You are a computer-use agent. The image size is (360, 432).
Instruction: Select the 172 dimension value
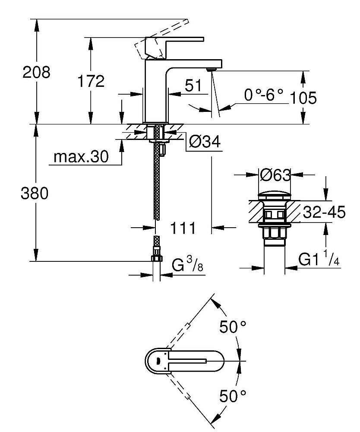(91, 81)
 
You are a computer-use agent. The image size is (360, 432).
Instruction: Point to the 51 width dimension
(193, 86)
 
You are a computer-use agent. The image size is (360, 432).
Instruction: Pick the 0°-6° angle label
(263, 95)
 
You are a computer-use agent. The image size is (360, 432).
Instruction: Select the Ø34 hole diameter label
(205, 141)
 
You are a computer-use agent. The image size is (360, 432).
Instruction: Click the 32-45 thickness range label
(324, 213)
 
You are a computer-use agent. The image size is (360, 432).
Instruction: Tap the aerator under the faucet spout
(211, 69)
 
